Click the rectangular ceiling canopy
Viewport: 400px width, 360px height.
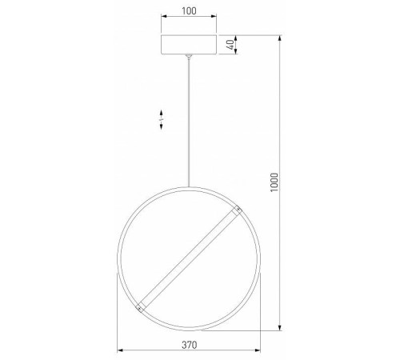(x=189, y=45)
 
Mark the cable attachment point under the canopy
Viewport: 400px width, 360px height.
(x=189, y=57)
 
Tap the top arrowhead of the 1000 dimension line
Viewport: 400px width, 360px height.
(x=279, y=37)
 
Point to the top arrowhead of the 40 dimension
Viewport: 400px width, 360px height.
(x=238, y=37)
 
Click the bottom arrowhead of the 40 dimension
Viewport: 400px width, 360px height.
(x=238, y=54)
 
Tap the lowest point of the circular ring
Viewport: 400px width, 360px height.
(x=189, y=328)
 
